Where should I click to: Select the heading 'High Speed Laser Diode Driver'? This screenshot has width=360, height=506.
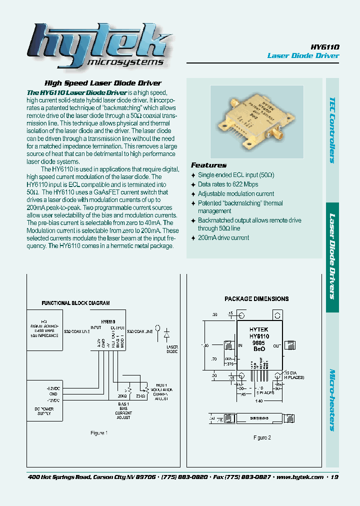click(x=103, y=83)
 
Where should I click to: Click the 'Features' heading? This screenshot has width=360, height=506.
click(x=208, y=165)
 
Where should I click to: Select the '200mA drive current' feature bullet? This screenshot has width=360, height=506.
click(x=223, y=237)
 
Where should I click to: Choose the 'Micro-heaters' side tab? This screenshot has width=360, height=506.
click(x=332, y=400)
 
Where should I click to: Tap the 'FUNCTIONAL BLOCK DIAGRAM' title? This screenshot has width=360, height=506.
click(x=75, y=303)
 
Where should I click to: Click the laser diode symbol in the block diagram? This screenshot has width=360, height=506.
click(x=167, y=333)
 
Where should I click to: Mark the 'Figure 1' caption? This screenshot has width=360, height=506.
click(x=98, y=433)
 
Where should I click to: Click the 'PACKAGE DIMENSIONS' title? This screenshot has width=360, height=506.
click(x=256, y=299)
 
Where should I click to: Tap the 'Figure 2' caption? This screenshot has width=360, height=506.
click(x=261, y=437)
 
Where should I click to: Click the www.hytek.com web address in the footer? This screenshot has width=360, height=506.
click(x=299, y=477)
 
